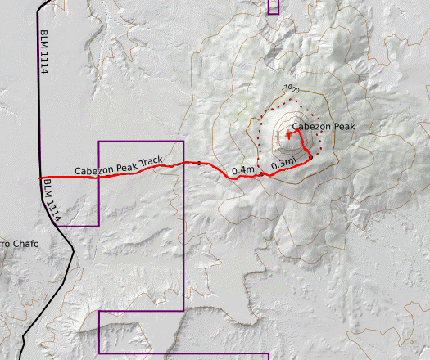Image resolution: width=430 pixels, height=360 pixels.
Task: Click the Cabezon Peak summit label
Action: tap(323, 127)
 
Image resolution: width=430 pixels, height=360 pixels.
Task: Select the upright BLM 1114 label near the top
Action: tap(43, 54)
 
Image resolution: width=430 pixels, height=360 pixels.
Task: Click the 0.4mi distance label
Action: tap(244, 170)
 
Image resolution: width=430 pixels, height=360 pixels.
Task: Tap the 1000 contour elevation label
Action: tap(291, 89)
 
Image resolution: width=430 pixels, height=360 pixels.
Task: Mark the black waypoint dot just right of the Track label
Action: tap(198, 164)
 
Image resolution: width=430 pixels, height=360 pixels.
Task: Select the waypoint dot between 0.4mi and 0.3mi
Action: tap(261, 174)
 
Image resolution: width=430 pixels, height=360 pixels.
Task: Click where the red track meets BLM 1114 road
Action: tap(40, 178)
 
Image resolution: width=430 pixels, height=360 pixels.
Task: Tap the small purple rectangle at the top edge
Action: tap(273, 7)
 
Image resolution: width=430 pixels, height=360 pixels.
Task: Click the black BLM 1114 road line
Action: tap(38, 98)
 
